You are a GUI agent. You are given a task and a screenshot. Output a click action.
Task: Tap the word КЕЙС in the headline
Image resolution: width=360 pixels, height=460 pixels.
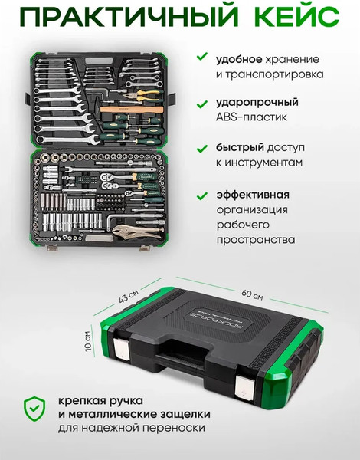point(291,17)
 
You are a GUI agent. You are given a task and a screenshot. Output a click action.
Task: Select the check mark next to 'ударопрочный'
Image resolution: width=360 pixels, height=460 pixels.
point(201,102)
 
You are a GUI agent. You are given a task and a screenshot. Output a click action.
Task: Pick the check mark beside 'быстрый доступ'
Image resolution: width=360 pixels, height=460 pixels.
point(201,147)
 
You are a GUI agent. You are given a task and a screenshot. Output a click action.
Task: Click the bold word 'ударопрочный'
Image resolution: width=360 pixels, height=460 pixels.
point(256,102)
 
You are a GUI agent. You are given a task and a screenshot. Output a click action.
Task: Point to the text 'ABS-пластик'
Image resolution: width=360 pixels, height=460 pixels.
point(252,117)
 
